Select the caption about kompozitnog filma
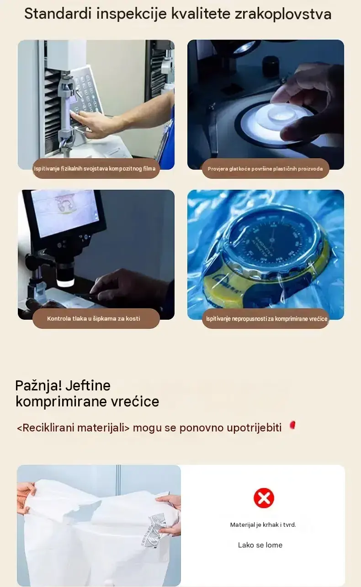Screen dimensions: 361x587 point(95,168)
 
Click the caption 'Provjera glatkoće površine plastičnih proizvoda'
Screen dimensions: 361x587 point(265,169)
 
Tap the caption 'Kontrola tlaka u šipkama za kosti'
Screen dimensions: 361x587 point(94,319)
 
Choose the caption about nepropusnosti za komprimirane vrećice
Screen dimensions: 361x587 point(266,319)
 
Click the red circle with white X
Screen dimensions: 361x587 point(264,498)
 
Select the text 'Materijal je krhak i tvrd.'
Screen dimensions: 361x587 point(263,525)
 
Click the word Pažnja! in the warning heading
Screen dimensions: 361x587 point(39,386)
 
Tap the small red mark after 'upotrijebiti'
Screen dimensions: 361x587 point(292,425)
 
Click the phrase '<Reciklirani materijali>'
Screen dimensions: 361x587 point(73,428)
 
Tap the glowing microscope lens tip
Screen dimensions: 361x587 point(65,284)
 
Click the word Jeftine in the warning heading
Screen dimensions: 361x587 point(88,386)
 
